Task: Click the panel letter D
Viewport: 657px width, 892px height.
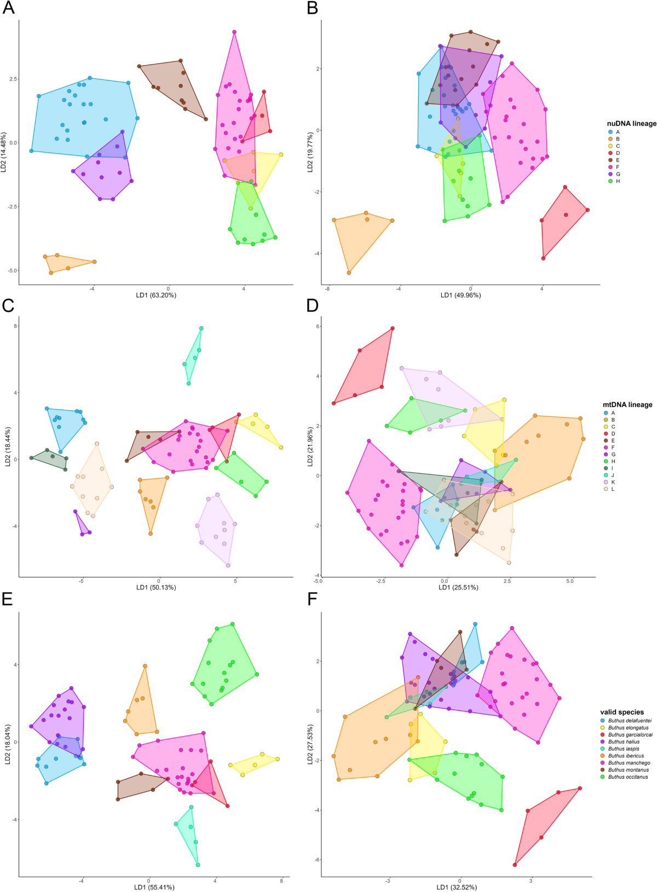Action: [x=313, y=306]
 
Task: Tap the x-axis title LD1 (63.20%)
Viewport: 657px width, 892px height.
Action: [x=156, y=295]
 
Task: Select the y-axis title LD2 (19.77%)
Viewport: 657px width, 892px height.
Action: [x=310, y=152]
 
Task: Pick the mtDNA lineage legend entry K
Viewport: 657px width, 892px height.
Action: [x=613, y=482]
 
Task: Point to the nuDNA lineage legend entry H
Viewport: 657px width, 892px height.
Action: [x=618, y=181]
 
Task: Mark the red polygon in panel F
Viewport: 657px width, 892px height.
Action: [x=547, y=821]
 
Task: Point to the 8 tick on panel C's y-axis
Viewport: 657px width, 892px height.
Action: [x=15, y=326]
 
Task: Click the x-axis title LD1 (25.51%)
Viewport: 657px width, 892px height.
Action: [x=458, y=588]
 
